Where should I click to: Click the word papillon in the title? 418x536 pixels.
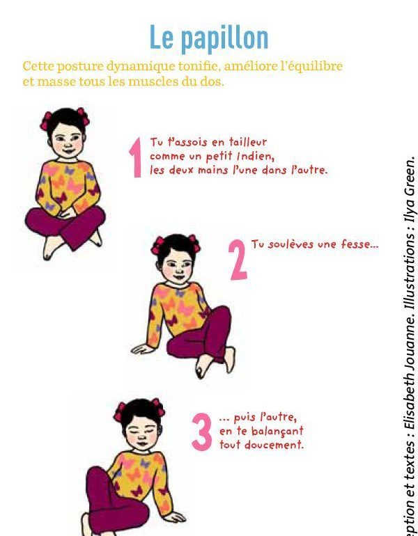pyautogui.click(x=224, y=39)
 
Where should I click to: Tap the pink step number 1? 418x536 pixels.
pyautogui.click(x=136, y=157)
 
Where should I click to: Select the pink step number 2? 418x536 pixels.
pyautogui.click(x=238, y=260)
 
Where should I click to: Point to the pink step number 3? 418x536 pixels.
pyautogui.click(x=202, y=432)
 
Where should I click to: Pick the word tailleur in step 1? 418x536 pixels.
pyautogui.click(x=247, y=141)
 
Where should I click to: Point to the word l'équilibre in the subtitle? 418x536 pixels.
pyautogui.click(x=311, y=66)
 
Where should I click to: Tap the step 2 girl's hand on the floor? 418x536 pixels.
pyautogui.click(x=142, y=349)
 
